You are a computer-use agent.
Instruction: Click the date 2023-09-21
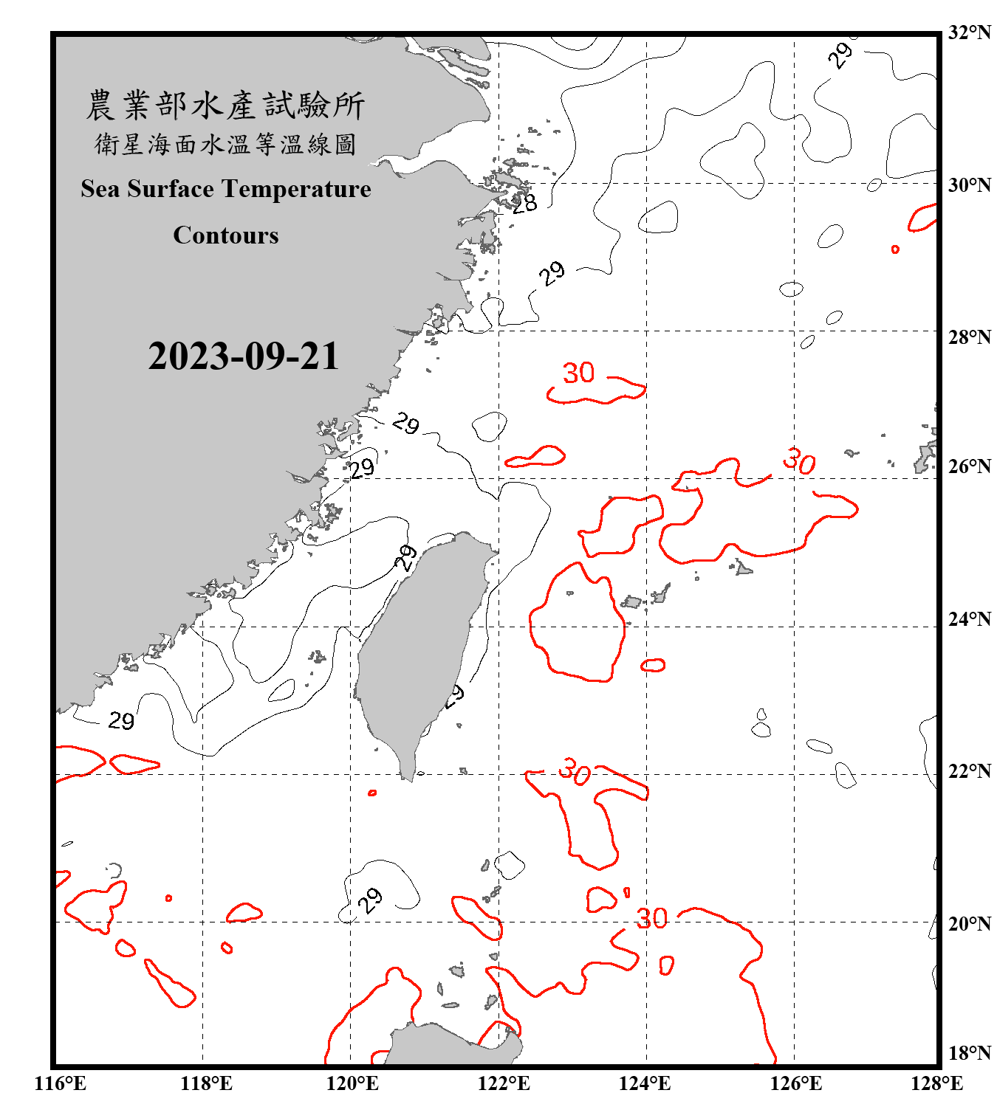(x=243, y=356)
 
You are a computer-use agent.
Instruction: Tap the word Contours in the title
(x=226, y=235)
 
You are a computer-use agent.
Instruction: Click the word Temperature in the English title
(x=296, y=189)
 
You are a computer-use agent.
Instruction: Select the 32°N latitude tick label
(x=969, y=32)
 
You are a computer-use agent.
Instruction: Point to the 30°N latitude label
(x=969, y=185)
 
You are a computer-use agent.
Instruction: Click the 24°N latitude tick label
(x=969, y=619)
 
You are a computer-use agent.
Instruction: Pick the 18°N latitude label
(x=969, y=1053)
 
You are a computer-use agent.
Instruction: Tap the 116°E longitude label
(x=61, y=1083)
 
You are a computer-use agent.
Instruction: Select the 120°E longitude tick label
(x=352, y=1083)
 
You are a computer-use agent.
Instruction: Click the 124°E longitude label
(x=645, y=1083)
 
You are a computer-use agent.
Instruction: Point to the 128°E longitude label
(x=936, y=1083)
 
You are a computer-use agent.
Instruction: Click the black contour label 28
(x=524, y=204)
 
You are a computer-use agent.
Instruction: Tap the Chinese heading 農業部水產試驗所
(x=225, y=106)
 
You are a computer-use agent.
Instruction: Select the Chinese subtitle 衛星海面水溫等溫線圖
(x=225, y=144)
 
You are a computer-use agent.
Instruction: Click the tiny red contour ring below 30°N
(x=895, y=249)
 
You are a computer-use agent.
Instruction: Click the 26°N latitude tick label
(x=969, y=466)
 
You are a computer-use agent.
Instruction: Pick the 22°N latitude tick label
(x=969, y=772)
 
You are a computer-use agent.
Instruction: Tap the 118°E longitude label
(x=206, y=1083)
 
